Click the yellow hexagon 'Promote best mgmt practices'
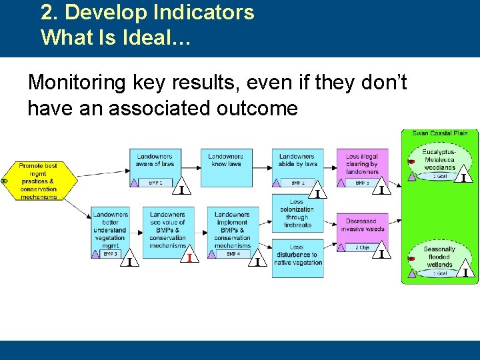38,181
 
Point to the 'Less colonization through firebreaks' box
297,213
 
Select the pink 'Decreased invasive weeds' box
362,225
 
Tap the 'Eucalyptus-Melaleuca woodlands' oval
439,160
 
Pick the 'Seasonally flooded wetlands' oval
439,257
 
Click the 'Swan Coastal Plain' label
439,133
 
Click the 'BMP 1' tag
155,182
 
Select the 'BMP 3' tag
111,254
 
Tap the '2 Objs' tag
362,247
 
